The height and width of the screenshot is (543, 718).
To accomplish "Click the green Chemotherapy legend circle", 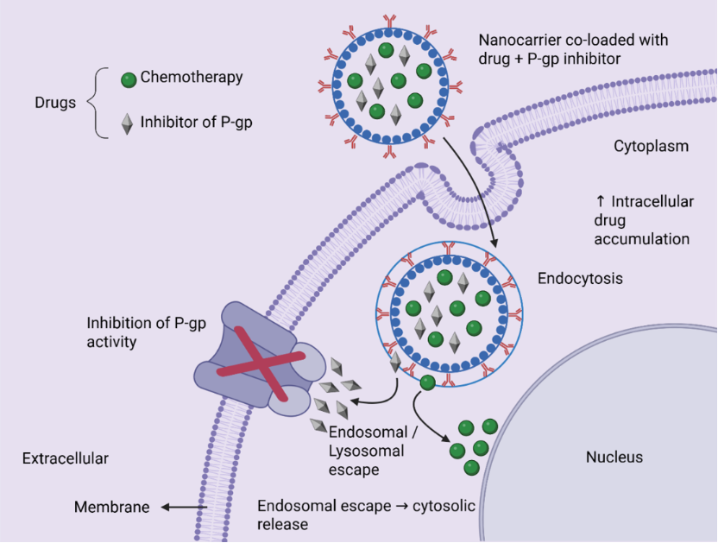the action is pyautogui.click(x=129, y=80).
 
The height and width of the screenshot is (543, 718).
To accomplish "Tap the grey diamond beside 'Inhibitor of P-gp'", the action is pyautogui.click(x=127, y=123).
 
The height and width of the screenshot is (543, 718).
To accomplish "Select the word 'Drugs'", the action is pyautogui.click(x=55, y=103).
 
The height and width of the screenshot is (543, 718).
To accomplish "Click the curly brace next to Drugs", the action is pyautogui.click(x=97, y=103).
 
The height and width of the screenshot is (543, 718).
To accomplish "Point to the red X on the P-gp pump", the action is pyautogui.click(x=261, y=364).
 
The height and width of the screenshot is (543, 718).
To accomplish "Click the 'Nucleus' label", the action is pyautogui.click(x=614, y=457).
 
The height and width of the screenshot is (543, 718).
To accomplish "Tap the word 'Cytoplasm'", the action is pyautogui.click(x=652, y=146).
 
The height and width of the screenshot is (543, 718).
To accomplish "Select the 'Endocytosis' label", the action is pyautogui.click(x=580, y=278).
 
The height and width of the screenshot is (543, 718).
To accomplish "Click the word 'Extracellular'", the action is pyautogui.click(x=66, y=458).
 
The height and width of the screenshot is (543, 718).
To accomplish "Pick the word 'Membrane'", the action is pyautogui.click(x=112, y=507).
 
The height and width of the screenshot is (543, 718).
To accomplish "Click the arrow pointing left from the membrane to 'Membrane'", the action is pyautogui.click(x=184, y=507).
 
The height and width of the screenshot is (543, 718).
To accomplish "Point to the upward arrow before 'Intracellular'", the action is pyautogui.click(x=601, y=201).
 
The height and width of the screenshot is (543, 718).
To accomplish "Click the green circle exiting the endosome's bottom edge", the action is pyautogui.click(x=428, y=382).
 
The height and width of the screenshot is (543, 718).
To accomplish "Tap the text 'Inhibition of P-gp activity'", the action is pyautogui.click(x=147, y=332).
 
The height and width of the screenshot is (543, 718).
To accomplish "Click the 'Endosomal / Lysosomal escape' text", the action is pyautogui.click(x=368, y=451).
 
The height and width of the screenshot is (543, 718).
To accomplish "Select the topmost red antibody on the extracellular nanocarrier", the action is pyautogui.click(x=390, y=21).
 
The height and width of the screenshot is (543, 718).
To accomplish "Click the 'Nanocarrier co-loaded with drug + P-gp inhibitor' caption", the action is pyautogui.click(x=573, y=49).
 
